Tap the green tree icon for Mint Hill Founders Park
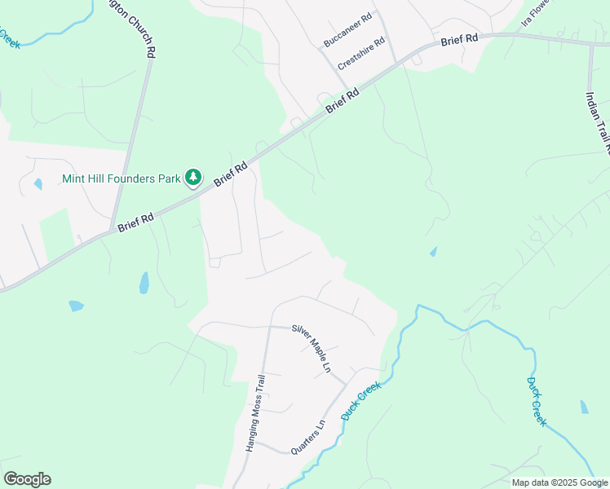coord(193,177)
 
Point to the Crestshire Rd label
coord(360,54)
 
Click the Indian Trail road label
coord(597,122)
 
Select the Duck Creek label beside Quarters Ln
coord(361,402)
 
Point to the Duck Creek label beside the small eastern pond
coord(536,402)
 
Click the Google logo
coord(27,479)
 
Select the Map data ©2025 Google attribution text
coord(560,482)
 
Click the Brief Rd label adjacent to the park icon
coord(231,174)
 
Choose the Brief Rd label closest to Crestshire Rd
coord(343,102)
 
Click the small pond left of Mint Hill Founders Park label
coord(38,184)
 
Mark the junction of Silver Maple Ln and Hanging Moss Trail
coord(269,326)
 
